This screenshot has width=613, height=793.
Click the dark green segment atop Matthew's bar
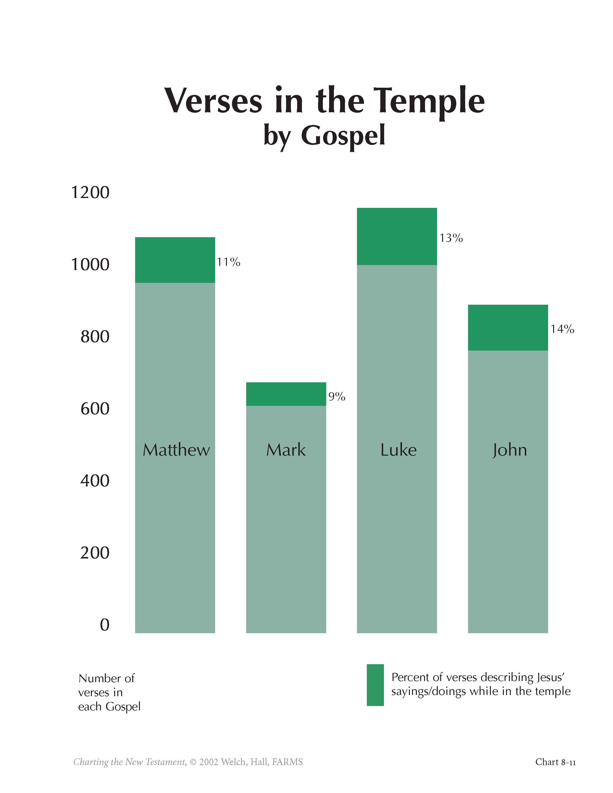pyautogui.click(x=175, y=260)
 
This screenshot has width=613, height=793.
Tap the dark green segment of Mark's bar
pyautogui.click(x=286, y=394)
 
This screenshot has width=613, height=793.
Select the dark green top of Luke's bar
pyautogui.click(x=397, y=236)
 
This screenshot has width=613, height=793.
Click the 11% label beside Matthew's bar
pyautogui.click(x=228, y=262)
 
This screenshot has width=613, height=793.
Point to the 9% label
pyautogui.click(x=337, y=396)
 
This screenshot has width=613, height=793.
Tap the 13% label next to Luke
pyautogui.click(x=451, y=238)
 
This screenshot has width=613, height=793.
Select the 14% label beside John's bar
pyautogui.click(x=562, y=329)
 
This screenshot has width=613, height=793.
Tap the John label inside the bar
pyautogui.click(x=509, y=450)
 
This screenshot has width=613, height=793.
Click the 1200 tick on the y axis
pyautogui.click(x=90, y=192)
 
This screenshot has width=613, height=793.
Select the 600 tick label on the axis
pyautogui.click(x=95, y=409)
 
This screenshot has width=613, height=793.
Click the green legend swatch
pyautogui.click(x=375, y=685)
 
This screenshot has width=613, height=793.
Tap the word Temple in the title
pyautogui.click(x=429, y=101)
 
